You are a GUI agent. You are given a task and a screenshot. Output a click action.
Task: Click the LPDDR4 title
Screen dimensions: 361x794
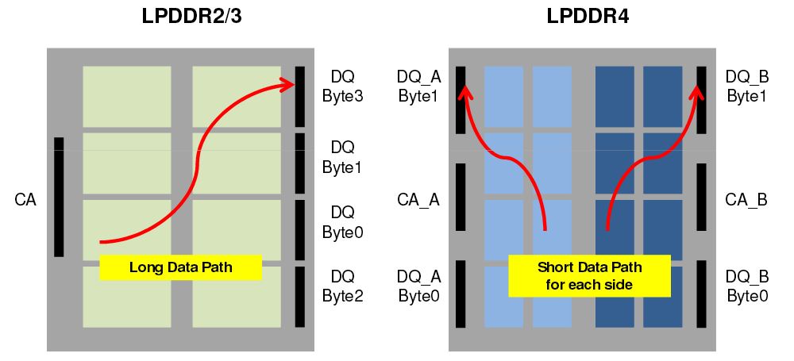pyautogui.click(x=588, y=17)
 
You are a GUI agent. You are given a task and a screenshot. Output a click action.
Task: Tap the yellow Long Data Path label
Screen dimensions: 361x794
pyautogui.click(x=180, y=267)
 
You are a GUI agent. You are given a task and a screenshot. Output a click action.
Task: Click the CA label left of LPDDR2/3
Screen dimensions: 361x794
pyautogui.click(x=25, y=199)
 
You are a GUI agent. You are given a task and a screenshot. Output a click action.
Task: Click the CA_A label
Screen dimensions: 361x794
pyautogui.click(x=418, y=199)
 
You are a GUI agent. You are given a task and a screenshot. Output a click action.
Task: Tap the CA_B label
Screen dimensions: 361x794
pyautogui.click(x=746, y=199)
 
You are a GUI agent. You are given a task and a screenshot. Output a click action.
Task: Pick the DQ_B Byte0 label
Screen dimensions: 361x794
pyautogui.click(x=747, y=286)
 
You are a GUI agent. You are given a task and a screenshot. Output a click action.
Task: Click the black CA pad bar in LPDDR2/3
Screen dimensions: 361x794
pyautogui.click(x=59, y=197)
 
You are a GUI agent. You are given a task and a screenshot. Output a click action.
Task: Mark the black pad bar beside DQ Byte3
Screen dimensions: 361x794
pyautogui.click(x=299, y=96)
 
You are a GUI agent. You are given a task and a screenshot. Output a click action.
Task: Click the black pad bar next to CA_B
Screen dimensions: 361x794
pyautogui.click(x=701, y=197)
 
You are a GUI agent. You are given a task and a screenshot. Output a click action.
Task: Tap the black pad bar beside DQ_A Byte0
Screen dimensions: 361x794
pyautogui.click(x=461, y=294)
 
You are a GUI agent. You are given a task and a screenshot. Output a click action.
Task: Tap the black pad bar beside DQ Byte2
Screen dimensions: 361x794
pyautogui.click(x=299, y=296)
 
